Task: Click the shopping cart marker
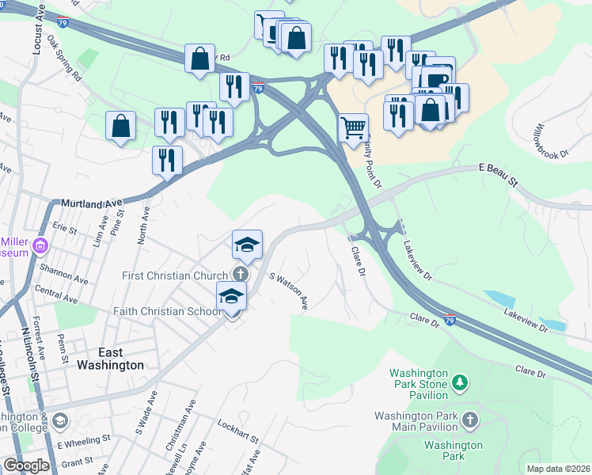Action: [x=353, y=127]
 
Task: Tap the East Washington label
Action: [x=110, y=359]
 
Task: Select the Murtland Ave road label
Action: [x=82, y=204]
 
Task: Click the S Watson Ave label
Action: [x=289, y=291]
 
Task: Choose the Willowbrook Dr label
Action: [x=551, y=141]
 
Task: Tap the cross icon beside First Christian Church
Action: [x=240, y=274]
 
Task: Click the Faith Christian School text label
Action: [x=167, y=312]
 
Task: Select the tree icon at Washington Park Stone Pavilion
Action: [x=460, y=383]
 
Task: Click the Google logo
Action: [x=26, y=465]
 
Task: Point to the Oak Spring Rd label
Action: [x=64, y=59]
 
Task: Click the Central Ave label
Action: [x=57, y=294]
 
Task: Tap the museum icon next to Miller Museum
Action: [x=36, y=252]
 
